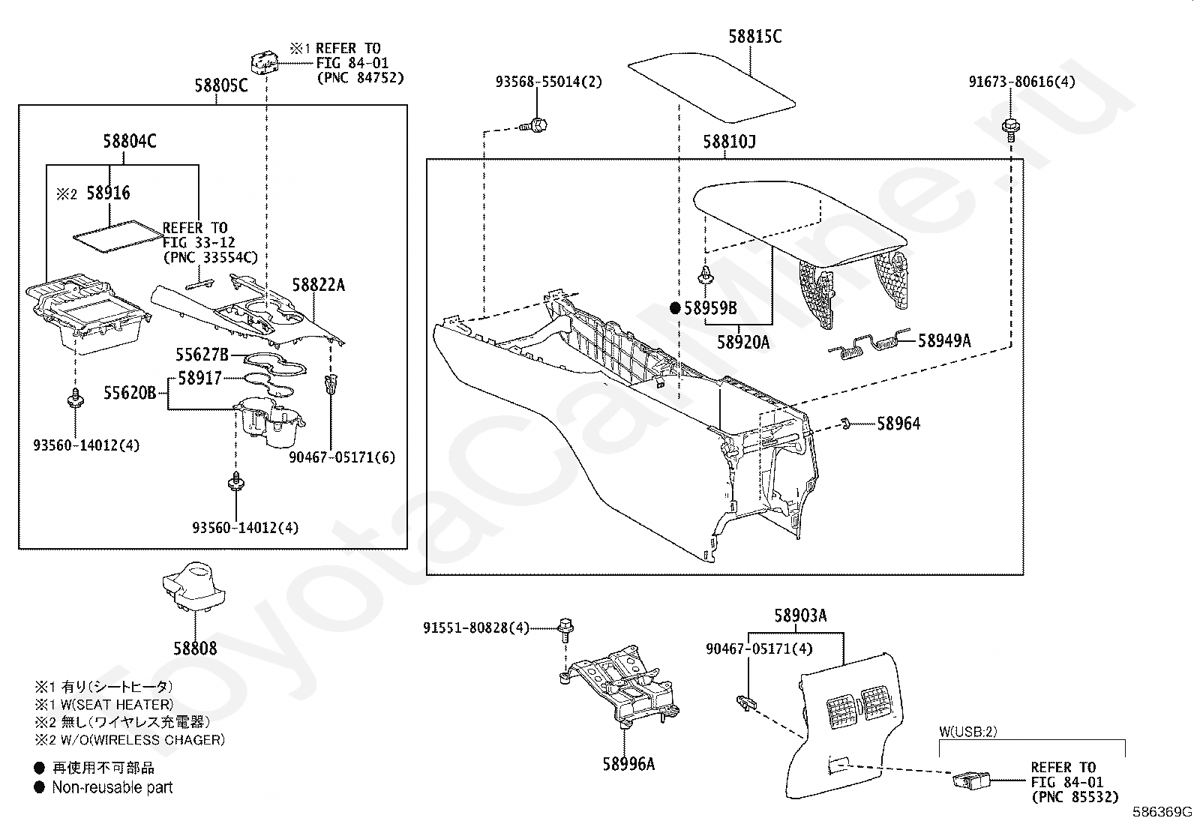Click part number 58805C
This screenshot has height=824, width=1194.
220,85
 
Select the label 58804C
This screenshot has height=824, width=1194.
130,141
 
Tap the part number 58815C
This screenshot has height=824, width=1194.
754,36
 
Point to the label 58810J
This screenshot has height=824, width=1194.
729,142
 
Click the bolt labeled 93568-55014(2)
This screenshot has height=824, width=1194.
535,126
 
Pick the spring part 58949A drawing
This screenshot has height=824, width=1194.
868,344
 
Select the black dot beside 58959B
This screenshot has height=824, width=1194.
675,308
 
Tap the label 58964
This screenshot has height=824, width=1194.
898,424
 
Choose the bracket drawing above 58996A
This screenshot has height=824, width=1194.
621,685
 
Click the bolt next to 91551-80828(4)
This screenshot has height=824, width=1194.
565,630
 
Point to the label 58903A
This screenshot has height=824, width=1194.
800,616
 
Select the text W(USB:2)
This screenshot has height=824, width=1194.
967,732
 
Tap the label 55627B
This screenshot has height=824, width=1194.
202,355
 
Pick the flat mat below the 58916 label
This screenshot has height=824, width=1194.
118,236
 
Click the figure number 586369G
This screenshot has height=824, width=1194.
1162,812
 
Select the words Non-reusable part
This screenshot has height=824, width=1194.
112,787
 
